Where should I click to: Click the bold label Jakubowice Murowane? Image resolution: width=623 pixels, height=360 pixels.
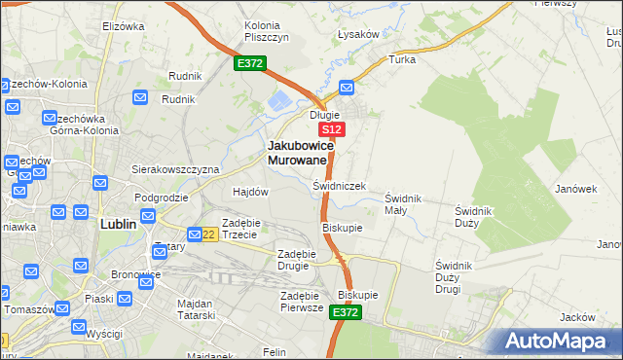tap(301, 152)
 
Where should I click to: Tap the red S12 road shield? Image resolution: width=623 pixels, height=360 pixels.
tap(331, 129)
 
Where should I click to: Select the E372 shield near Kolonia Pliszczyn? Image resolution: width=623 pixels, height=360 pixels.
tap(249, 64)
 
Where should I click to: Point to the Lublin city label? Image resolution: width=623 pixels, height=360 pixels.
tap(124, 223)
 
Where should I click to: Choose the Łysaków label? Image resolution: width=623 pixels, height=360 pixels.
tap(357, 34)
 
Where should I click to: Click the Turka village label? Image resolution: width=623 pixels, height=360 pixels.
tap(402, 59)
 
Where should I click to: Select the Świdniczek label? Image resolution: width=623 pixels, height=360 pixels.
tap(339, 185)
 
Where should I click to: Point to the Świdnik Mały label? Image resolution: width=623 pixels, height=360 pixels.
tap(403, 203)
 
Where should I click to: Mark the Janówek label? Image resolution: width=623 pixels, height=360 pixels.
tap(575, 189)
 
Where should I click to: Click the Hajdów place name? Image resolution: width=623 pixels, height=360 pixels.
tap(250, 192)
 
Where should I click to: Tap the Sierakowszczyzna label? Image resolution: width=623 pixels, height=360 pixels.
tap(176, 168)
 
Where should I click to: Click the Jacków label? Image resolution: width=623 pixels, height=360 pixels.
tap(578, 317)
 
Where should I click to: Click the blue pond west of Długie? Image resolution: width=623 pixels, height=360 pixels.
tap(281, 99)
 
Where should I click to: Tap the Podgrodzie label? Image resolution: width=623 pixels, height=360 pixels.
tap(162, 197)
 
